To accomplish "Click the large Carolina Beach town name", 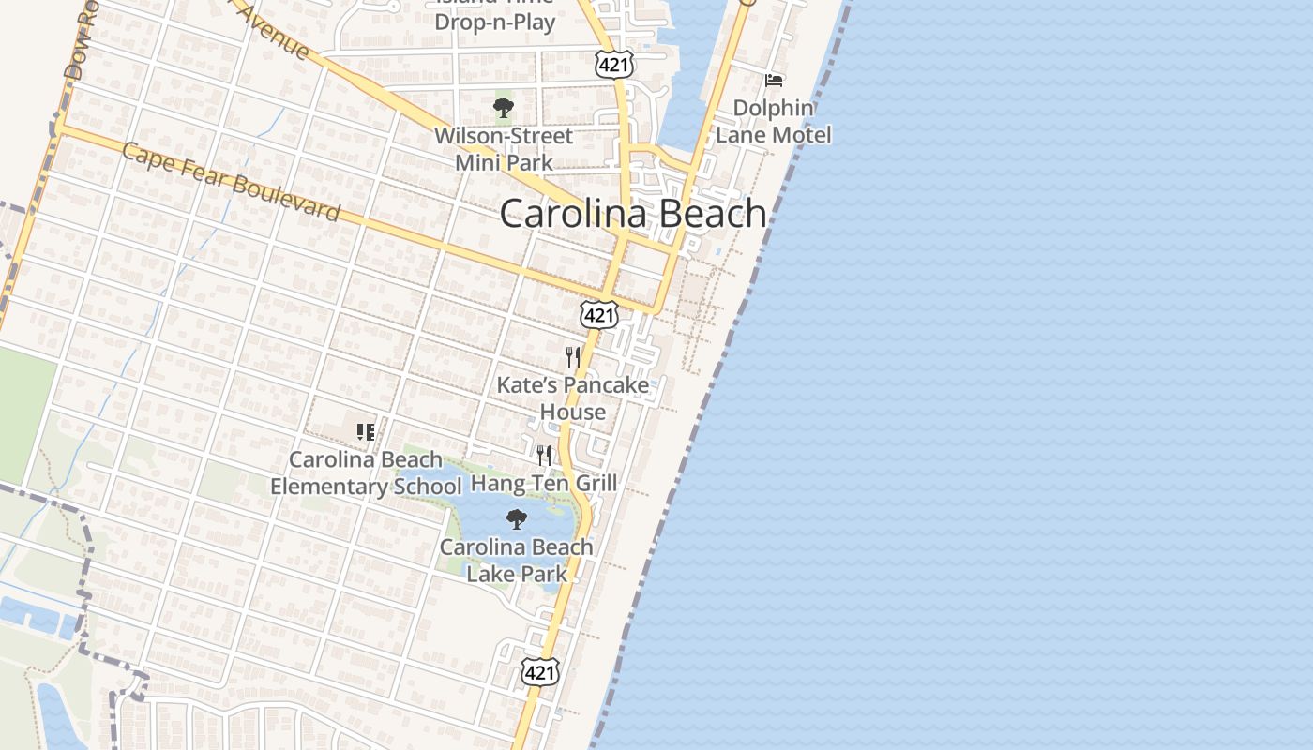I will click(x=633, y=214).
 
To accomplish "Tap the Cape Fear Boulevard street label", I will click(x=231, y=182).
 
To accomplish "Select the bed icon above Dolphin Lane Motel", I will click(x=774, y=81).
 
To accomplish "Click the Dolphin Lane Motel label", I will click(x=774, y=122).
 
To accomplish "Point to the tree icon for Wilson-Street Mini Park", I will click(x=504, y=108).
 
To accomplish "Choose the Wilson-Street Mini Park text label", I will click(x=503, y=149).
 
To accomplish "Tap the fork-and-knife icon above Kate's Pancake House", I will click(x=573, y=357).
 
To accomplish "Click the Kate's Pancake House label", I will click(x=572, y=398).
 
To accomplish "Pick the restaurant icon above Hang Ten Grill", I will click(x=544, y=457).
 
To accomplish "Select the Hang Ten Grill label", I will click(x=544, y=484).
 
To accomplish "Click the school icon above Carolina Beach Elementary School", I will click(x=366, y=432).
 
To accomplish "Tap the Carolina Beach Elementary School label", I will click(x=366, y=472).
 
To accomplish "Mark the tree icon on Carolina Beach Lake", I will click(x=516, y=519).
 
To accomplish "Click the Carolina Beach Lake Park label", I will click(x=517, y=560).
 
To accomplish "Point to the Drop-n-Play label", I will click(x=495, y=22).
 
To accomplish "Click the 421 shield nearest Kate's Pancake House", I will click(x=599, y=315).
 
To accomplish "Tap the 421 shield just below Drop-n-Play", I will click(x=613, y=64).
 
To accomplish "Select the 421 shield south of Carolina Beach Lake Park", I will click(x=540, y=671).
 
